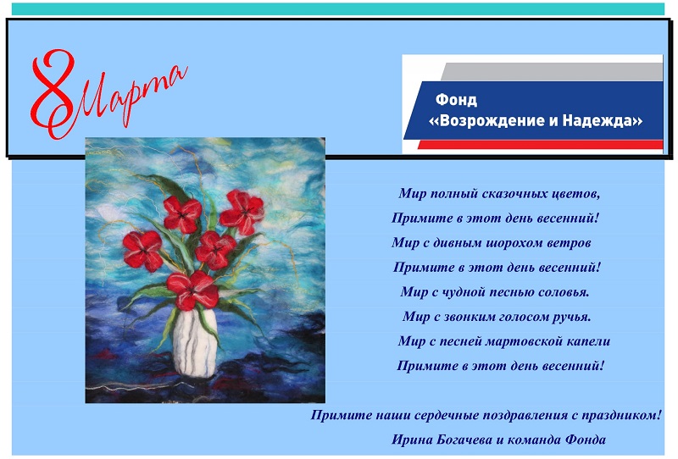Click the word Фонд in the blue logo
point(456,100)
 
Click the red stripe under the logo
point(540,145)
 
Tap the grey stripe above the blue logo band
point(553,71)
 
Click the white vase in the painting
point(195,341)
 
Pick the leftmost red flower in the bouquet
point(143,250)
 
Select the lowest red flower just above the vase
point(192,290)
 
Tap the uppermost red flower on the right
point(242,212)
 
